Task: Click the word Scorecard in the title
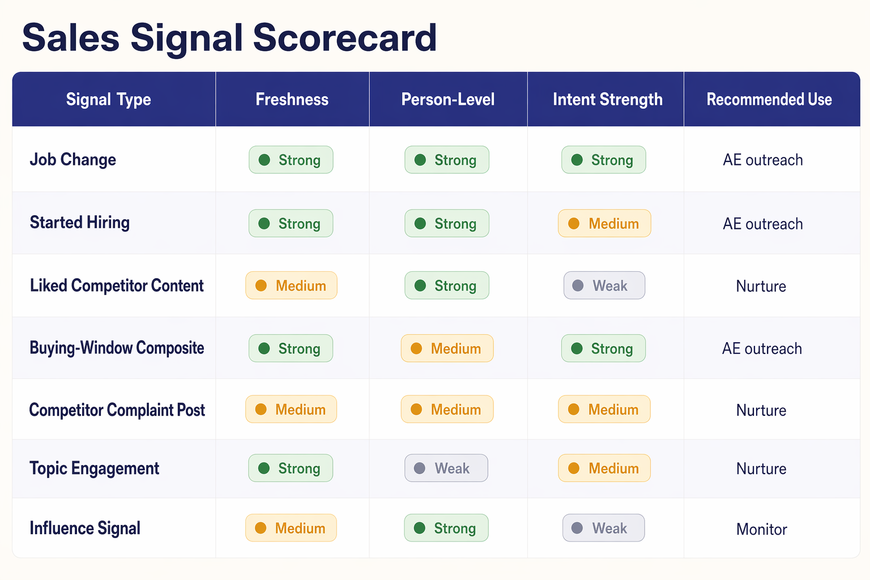point(344,38)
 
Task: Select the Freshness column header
point(292,100)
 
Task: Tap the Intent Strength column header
point(607,100)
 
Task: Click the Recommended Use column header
point(769,100)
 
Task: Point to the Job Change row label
point(72,160)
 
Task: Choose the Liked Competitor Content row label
point(117,285)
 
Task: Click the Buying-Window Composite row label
point(117,348)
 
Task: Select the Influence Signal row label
point(85,528)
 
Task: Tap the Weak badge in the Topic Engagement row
point(446,468)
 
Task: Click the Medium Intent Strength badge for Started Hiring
point(604,224)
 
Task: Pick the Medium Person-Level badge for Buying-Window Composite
point(447,348)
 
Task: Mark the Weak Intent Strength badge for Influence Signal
point(603,528)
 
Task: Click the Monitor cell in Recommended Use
point(761,530)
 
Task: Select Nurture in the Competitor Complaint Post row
point(761,411)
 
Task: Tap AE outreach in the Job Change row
point(762,160)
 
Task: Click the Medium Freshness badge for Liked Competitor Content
point(291,286)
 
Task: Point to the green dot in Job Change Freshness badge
point(264,160)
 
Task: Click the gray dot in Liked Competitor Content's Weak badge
point(578,286)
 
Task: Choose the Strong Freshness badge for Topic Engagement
point(291,468)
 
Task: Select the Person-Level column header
point(447,100)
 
